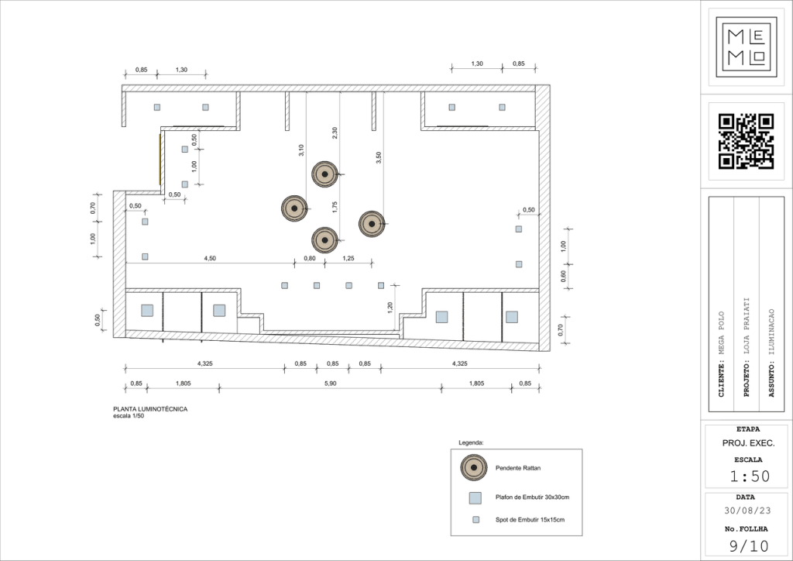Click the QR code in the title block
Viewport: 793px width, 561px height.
coord(746,141)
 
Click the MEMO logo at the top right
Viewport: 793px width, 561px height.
coord(746,47)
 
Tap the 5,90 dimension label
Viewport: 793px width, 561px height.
coord(330,384)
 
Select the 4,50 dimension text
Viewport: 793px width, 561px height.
coord(210,259)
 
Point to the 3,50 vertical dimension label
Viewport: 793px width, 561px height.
coord(378,158)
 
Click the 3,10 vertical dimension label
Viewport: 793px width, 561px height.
coord(301,150)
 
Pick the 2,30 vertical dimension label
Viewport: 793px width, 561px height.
coord(335,133)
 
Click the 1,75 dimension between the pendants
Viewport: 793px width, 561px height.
coord(335,207)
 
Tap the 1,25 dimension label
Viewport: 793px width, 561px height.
coord(348,259)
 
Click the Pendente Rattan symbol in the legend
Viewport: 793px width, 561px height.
coord(474,467)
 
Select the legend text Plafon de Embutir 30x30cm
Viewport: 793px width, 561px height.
coord(532,497)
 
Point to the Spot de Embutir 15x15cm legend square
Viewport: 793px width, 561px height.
coord(476,519)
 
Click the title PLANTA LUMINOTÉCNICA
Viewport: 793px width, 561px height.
coord(150,409)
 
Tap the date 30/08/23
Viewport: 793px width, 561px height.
coord(747,511)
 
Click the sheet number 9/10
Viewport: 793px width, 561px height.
coord(749,546)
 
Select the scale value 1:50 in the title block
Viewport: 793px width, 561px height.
coord(750,476)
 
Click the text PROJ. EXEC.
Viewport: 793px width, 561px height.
coord(749,443)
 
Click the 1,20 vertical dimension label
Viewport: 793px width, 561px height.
coord(390,308)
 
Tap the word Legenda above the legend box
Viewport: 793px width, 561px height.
coord(471,442)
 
